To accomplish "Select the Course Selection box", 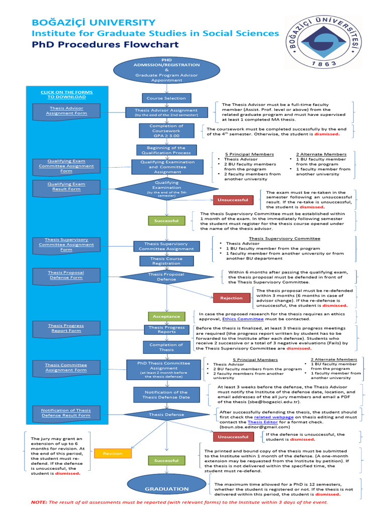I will pyautogui.click(x=166, y=98).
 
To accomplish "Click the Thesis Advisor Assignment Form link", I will pyautogui.click(x=66, y=110).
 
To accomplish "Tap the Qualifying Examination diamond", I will pyautogui.click(x=166, y=188).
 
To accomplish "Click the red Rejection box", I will pyautogui.click(x=231, y=298).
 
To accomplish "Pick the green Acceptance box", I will pyautogui.click(x=166, y=317).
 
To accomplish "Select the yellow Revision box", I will pyautogui.click(x=113, y=453).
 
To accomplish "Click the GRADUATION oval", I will pyautogui.click(x=166, y=488).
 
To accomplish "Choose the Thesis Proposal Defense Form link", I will pyautogui.click(x=66, y=275).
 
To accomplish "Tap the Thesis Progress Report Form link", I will pyautogui.click(x=66, y=328).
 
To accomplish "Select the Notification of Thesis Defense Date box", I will pyautogui.click(x=166, y=395).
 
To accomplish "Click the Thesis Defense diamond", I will pyautogui.click(x=166, y=415).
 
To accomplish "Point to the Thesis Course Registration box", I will pyautogui.click(x=166, y=261).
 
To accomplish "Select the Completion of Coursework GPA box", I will pyautogui.click(x=166, y=131).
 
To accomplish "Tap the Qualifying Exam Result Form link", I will pyautogui.click(x=66, y=187).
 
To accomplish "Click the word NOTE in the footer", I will pyautogui.click(x=38, y=502).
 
